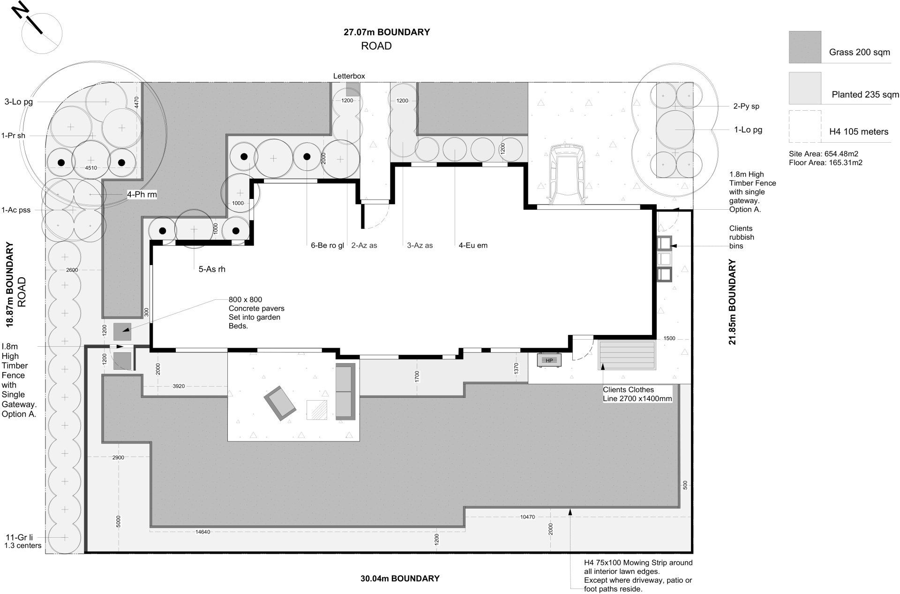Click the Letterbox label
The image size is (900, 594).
click(349, 76)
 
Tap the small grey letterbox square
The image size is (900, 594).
click(353, 89)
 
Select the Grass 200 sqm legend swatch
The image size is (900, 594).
click(805, 47)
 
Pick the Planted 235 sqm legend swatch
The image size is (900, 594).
click(805, 88)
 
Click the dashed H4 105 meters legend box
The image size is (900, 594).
click(805, 127)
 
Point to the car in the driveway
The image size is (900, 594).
click(567, 175)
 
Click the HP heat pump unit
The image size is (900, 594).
click(549, 360)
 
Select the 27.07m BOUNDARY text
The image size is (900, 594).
click(387, 32)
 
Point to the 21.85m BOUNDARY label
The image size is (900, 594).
click(733, 302)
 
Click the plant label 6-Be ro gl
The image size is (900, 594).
click(327, 245)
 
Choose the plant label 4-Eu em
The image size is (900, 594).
click(473, 245)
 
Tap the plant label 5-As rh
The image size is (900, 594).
click(212, 269)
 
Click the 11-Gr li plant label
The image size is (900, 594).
click(19, 537)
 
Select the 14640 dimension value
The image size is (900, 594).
click(203, 532)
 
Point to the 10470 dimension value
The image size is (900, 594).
click(527, 517)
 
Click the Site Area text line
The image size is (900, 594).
click(824, 154)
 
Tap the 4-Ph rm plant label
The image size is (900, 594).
click(142, 194)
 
